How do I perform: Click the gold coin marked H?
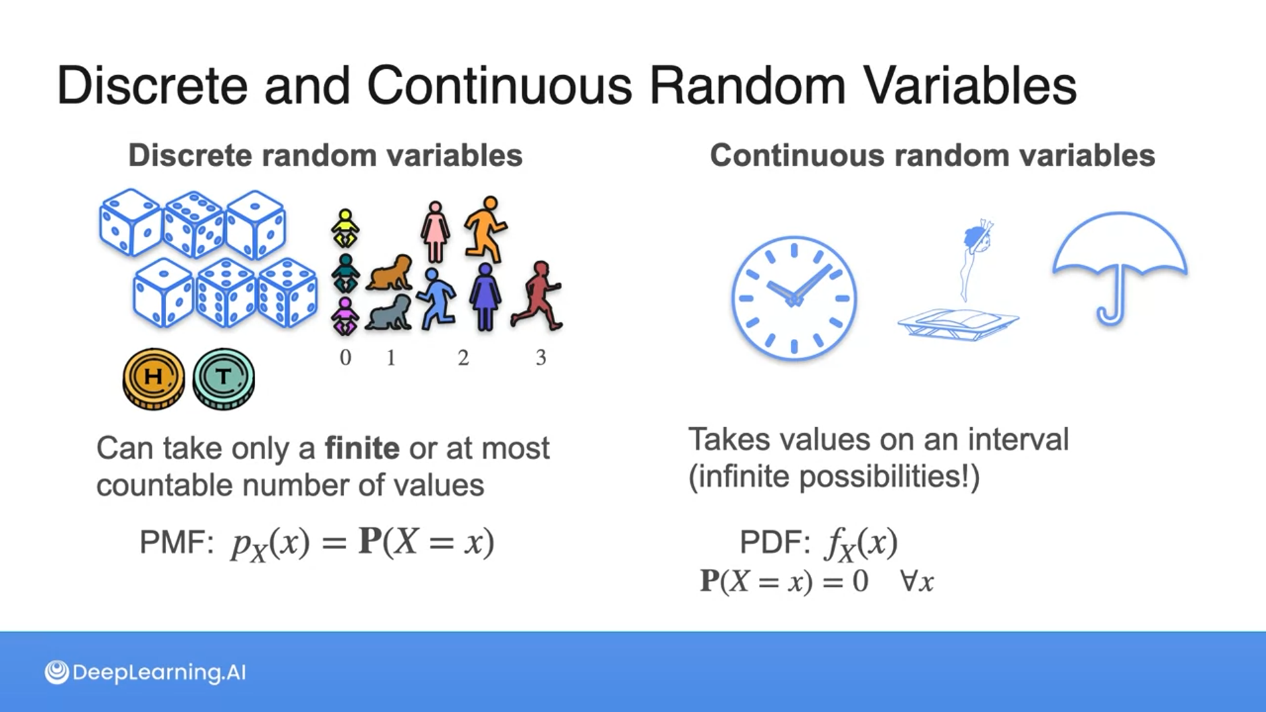(x=154, y=379)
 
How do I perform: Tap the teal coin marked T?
(x=224, y=379)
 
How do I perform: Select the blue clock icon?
(x=794, y=298)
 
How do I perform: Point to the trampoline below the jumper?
(x=958, y=325)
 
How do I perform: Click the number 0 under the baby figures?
(x=346, y=357)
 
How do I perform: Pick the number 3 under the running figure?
(x=541, y=357)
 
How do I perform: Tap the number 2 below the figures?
(x=464, y=357)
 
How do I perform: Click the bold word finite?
(x=362, y=448)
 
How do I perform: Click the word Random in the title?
(x=747, y=86)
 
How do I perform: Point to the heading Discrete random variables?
(x=325, y=156)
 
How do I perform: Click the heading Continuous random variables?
(x=932, y=156)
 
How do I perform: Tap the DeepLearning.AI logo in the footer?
(x=145, y=672)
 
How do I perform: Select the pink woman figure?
(x=435, y=231)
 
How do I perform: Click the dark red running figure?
(x=537, y=295)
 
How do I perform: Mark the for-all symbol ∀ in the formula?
(x=909, y=581)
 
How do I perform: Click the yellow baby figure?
(x=345, y=229)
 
